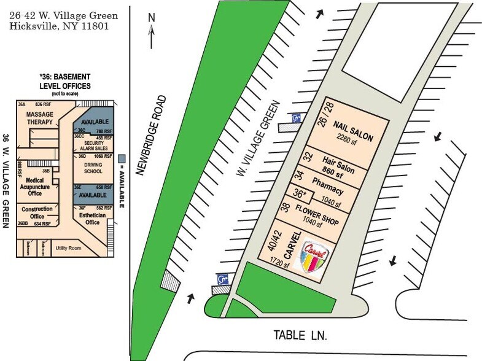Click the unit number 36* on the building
[x=300, y=193]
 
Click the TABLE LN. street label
[x=300, y=335]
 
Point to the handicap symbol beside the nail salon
[x=297, y=118]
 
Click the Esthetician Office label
[x=92, y=219]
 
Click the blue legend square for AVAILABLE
[x=122, y=158]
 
